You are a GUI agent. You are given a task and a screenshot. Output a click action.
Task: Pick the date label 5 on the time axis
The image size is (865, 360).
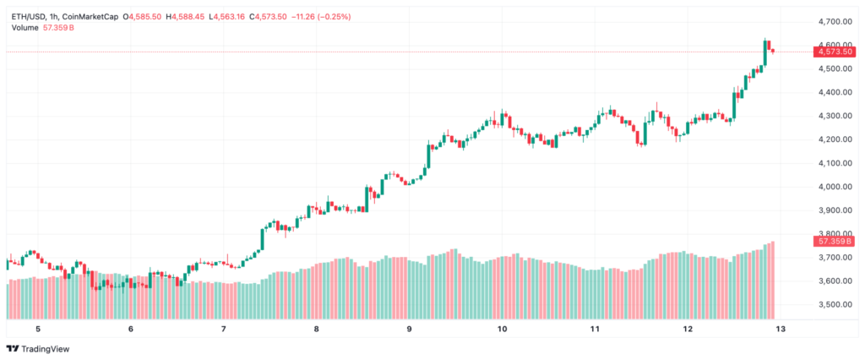coord(37,329)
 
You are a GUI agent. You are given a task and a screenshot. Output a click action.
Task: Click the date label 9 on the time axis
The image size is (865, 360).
coord(409,329)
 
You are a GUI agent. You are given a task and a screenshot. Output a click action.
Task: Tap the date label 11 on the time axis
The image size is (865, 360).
coord(595,329)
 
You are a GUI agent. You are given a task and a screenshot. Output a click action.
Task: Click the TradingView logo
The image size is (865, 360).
coord(39,349)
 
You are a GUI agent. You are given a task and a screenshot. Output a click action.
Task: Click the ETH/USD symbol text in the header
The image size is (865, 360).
coord(30,16)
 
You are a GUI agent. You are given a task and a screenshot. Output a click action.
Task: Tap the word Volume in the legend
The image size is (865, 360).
coord(25,28)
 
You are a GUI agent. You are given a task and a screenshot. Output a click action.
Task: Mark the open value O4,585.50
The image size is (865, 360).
coord(141,16)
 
